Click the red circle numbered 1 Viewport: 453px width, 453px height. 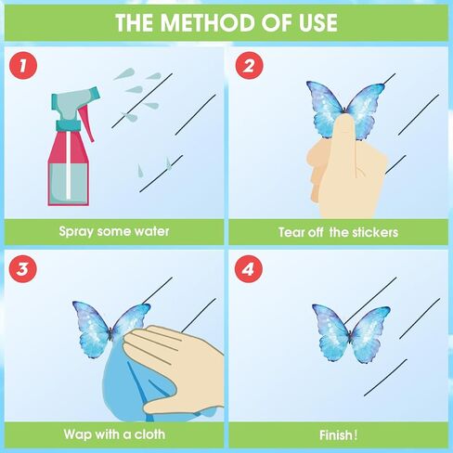[x=23, y=66]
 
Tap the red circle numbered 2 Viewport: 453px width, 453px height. [x=249, y=66]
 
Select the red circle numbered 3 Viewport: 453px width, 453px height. [x=23, y=268]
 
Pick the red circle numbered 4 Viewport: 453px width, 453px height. [x=249, y=268]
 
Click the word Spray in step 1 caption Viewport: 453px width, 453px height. [x=76, y=232]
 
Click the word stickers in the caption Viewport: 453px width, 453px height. [x=375, y=232]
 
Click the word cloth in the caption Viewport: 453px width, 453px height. [x=149, y=434]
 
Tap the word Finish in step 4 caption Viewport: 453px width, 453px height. [x=336, y=435]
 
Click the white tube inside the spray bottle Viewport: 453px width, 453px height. [x=68, y=165]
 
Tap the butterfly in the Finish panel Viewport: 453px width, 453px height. [x=351, y=333]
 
